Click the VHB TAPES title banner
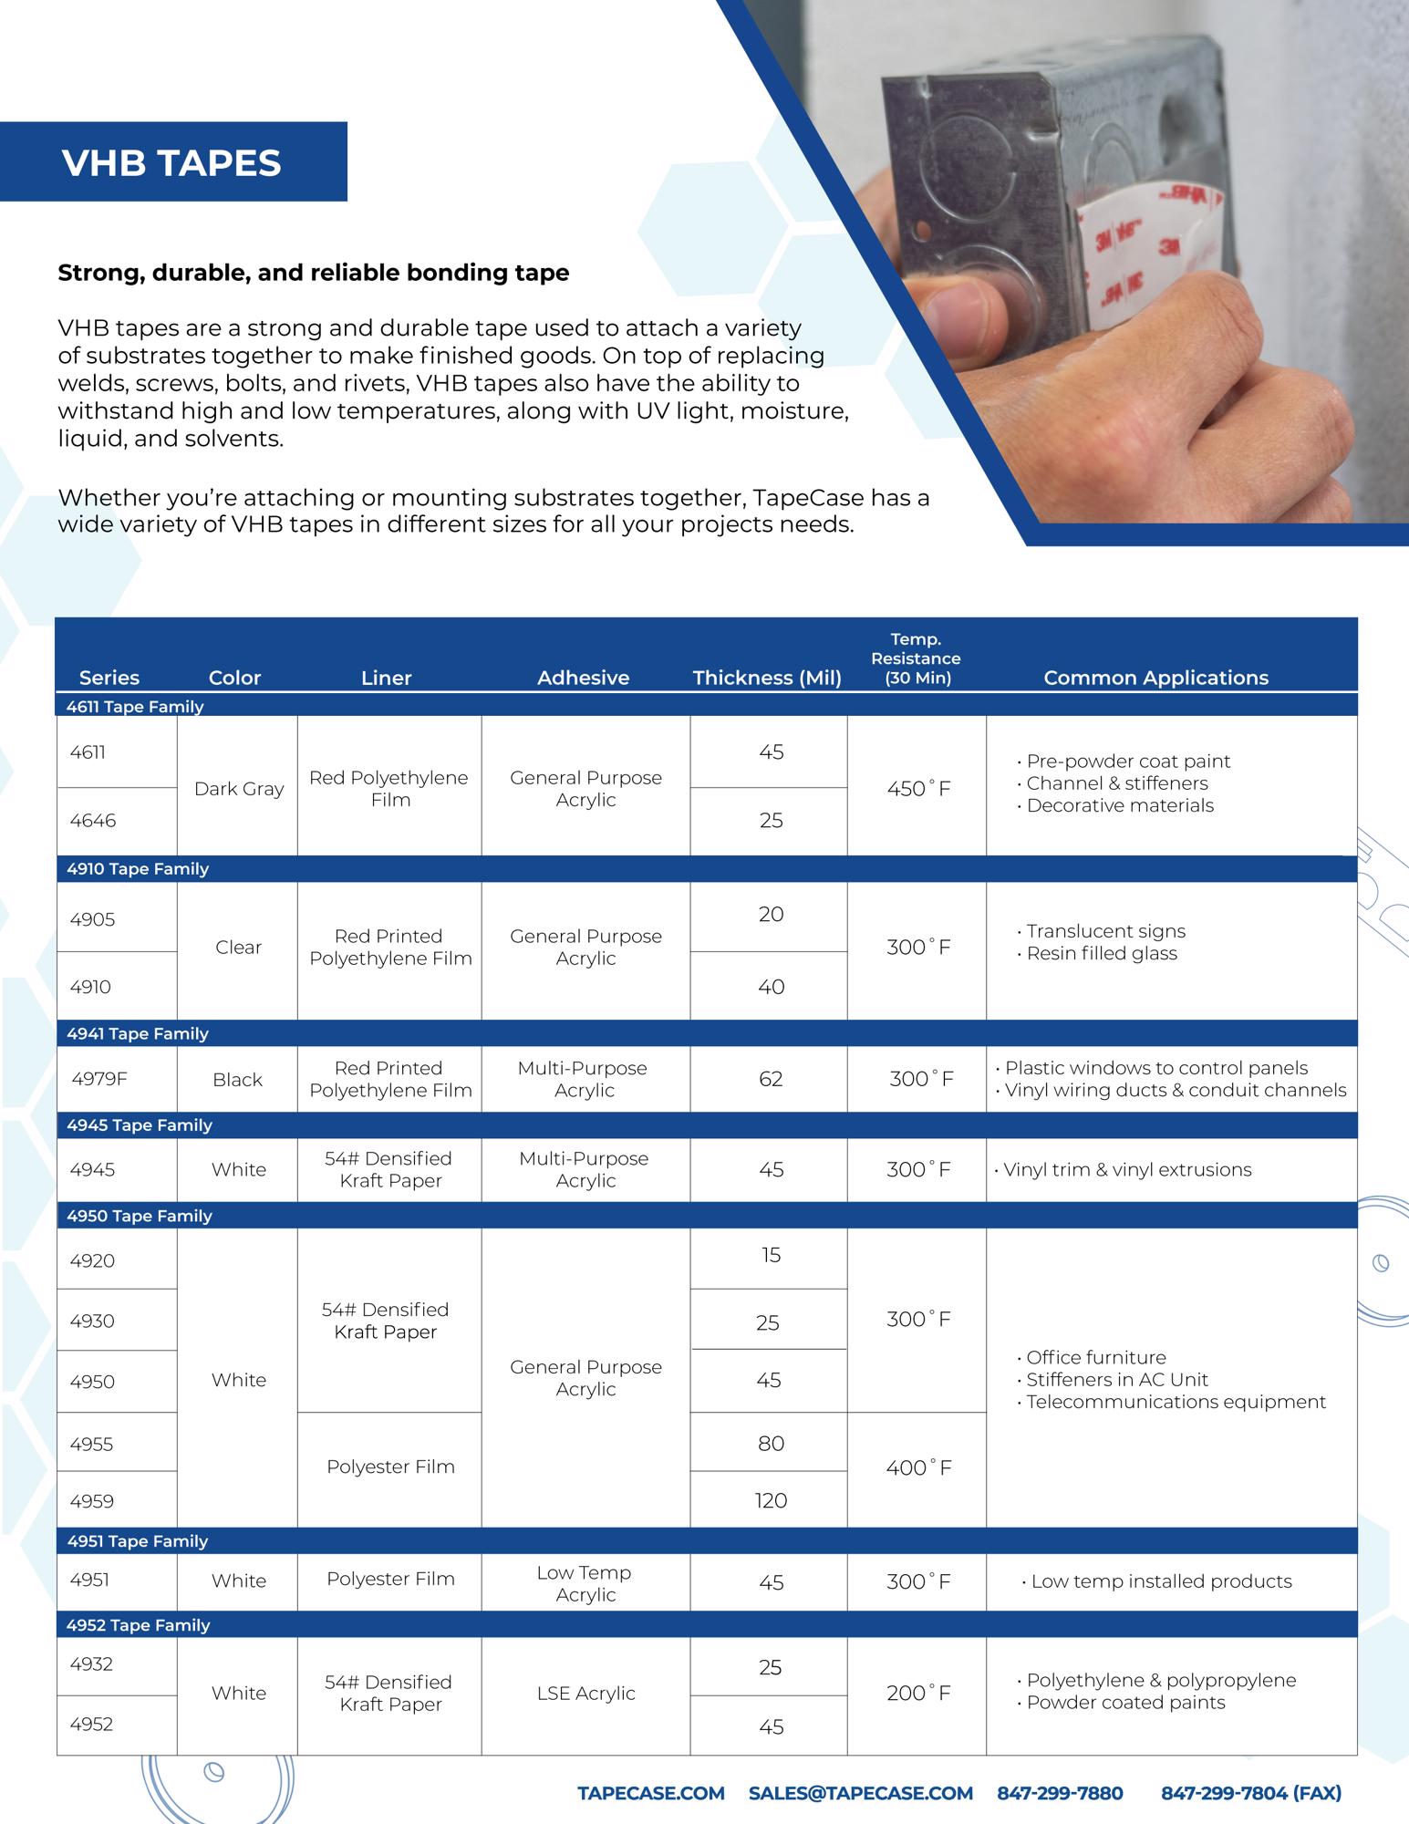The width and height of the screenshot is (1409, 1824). (x=172, y=162)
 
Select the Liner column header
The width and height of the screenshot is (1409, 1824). (x=386, y=678)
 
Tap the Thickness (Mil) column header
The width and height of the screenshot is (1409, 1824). (x=767, y=678)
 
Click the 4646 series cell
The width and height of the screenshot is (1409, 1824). (x=93, y=821)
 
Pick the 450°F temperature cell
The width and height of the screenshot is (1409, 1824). (x=918, y=789)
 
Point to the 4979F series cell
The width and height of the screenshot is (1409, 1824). (x=99, y=1079)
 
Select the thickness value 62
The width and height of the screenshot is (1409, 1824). (x=771, y=1079)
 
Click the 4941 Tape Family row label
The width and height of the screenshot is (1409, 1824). (x=138, y=1033)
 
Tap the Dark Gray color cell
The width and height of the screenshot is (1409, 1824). (x=239, y=789)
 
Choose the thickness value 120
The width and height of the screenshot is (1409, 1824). (x=771, y=1500)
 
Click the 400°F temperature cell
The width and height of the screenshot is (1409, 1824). (x=918, y=1467)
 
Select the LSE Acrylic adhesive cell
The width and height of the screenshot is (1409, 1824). (x=585, y=1693)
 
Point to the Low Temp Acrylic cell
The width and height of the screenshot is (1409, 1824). (x=585, y=1583)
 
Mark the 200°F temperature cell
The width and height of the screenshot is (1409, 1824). (x=918, y=1694)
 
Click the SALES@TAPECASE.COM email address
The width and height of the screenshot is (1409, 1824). (x=860, y=1793)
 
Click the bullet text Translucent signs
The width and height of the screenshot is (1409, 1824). (x=1105, y=931)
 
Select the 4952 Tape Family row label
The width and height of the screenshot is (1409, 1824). (x=138, y=1624)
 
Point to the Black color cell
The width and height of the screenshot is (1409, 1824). (x=237, y=1080)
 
